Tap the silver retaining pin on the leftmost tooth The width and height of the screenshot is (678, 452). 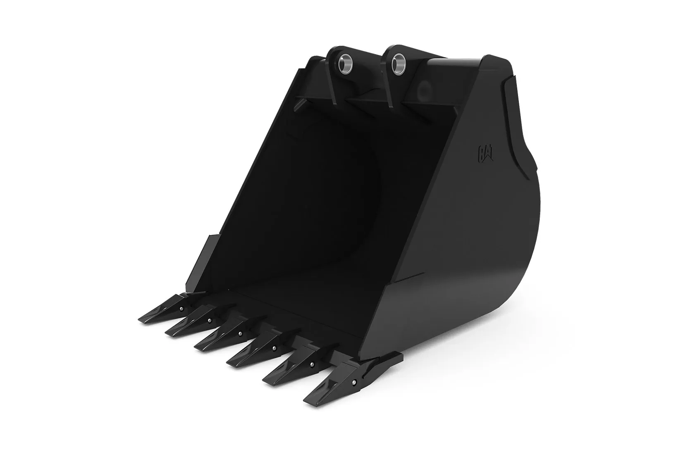181,309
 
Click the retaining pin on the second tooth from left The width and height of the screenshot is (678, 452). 210,320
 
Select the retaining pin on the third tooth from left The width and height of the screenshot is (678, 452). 240,334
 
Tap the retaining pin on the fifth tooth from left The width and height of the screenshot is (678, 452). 310,364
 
